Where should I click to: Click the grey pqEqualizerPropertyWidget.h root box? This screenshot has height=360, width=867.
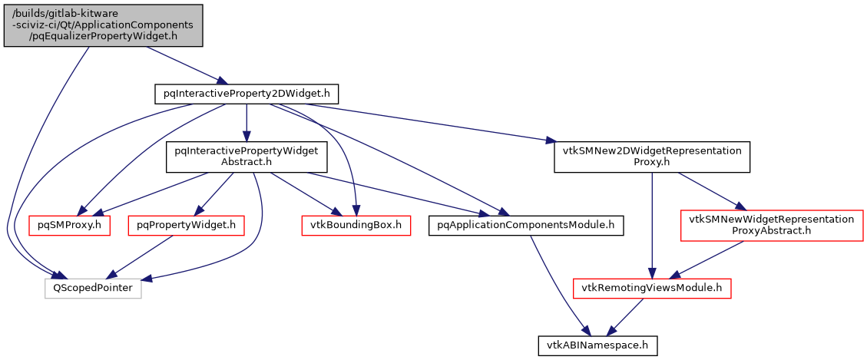(x=104, y=25)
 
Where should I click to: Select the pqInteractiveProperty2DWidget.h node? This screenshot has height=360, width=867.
(x=246, y=94)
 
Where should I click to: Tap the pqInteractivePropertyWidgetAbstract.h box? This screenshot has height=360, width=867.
(x=246, y=157)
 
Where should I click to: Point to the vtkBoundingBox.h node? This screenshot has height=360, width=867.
(x=355, y=225)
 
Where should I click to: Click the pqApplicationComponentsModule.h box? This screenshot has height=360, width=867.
(x=525, y=225)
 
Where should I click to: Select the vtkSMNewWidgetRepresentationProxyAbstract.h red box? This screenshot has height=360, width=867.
(x=771, y=225)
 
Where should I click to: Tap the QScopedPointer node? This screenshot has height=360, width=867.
(x=93, y=289)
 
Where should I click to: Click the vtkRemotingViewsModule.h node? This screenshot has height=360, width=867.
(x=651, y=289)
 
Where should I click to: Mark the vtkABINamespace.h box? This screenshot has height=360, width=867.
(x=597, y=346)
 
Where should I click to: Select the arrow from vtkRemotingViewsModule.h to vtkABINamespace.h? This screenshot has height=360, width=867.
(x=625, y=316)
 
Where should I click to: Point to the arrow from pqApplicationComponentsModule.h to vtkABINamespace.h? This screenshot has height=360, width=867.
(x=556, y=284)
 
